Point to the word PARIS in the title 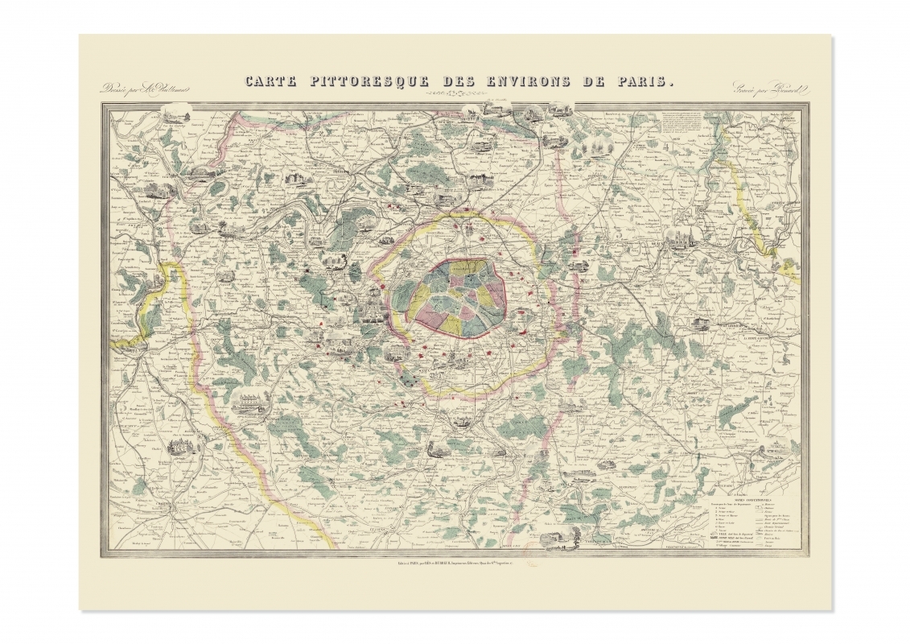pyautogui.click(x=644, y=81)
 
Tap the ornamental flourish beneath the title pyautogui.click(x=457, y=94)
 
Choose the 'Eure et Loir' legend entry pyautogui.click(x=723, y=522)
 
